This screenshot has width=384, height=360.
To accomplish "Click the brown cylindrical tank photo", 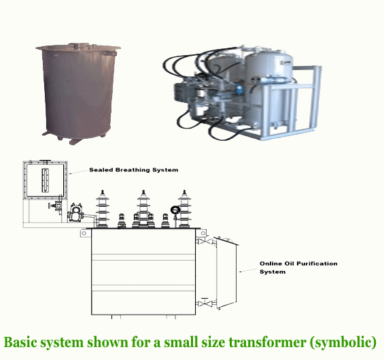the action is [78, 93].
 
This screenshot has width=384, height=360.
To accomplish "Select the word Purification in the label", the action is [317, 263].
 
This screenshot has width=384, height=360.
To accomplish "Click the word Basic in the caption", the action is [20, 342].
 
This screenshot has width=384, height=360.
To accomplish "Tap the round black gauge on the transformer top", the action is [175, 210].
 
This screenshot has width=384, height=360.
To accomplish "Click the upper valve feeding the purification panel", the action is [205, 241].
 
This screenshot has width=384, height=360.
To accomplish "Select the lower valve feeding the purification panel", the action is [205, 303].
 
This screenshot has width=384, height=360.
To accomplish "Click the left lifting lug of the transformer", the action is [84, 233].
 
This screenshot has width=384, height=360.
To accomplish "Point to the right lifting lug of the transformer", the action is [203, 233].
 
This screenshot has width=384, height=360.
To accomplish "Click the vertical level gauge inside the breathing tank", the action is [46, 180].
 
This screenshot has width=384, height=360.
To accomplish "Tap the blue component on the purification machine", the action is [239, 89].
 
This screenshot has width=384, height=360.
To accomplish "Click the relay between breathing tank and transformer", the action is [75, 212].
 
